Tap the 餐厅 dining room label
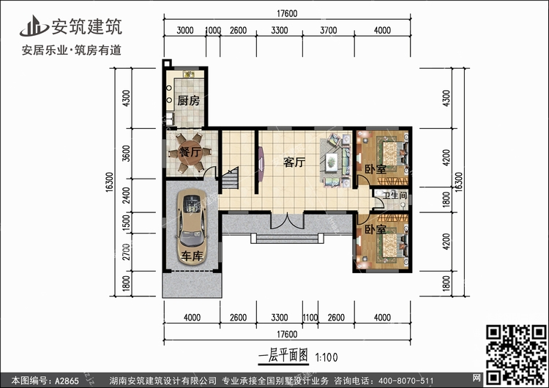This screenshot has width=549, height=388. [179, 153]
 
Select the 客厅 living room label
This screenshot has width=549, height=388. [294, 163]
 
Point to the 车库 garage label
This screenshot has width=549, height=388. [193, 257]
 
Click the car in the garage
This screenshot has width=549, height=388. [193, 223]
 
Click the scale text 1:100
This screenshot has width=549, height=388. [326, 358]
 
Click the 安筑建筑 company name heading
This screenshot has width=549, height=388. [86, 28]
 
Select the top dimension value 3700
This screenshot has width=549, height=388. [329, 31]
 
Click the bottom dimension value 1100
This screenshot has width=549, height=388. [311, 317]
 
